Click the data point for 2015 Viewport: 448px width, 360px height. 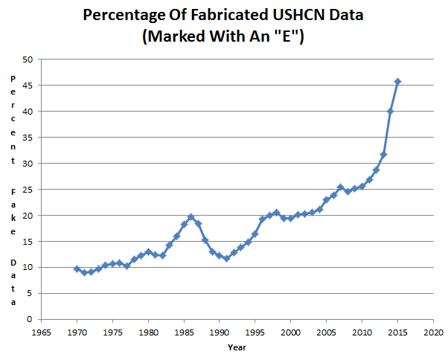pyautogui.click(x=397, y=82)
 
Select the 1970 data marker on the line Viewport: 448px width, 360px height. pyautogui.click(x=77, y=269)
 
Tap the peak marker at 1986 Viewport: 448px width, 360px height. pyautogui.click(x=191, y=217)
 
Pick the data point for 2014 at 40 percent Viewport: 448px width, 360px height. pyautogui.click(x=390, y=112)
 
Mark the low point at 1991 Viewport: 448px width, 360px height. pyautogui.click(x=226, y=259)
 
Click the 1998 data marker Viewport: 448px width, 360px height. pyautogui.click(x=276, y=213)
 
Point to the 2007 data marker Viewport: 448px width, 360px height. pyautogui.click(x=340, y=187)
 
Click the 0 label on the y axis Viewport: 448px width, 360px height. pyautogui.click(x=30, y=319)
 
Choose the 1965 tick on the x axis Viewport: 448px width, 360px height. pyautogui.click(x=42, y=332)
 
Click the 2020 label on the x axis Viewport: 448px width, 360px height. pyautogui.click(x=433, y=332)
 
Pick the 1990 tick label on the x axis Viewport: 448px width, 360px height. pyautogui.click(x=219, y=332)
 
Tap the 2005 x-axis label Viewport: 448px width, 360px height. pyautogui.click(x=326, y=332)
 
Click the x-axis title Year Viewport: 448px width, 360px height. pyautogui.click(x=237, y=347)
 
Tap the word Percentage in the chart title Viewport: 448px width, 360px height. pyautogui.click(x=124, y=16)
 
